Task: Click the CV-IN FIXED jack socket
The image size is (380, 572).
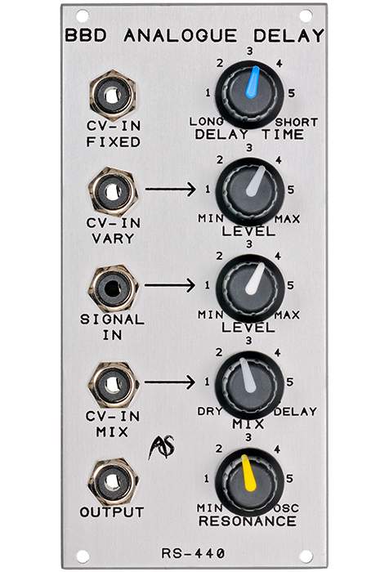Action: (x=113, y=96)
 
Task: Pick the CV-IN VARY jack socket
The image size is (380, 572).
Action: (x=113, y=192)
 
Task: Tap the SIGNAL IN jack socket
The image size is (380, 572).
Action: (x=113, y=288)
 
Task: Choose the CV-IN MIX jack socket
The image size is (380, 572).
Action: (x=113, y=385)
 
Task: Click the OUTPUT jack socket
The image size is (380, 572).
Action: (x=113, y=482)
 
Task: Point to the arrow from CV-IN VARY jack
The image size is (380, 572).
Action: (x=170, y=189)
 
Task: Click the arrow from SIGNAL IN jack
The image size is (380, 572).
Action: (x=170, y=285)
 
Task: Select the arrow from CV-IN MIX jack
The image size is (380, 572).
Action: (x=170, y=382)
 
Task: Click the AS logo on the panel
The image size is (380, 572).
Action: (x=161, y=447)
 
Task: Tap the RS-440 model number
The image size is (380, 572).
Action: (x=193, y=553)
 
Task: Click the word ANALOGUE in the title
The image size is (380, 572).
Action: (x=181, y=36)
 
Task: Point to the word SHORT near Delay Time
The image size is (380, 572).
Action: (x=296, y=123)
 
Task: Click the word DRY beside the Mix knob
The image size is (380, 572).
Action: (x=210, y=411)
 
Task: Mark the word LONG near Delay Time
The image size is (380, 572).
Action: (x=207, y=122)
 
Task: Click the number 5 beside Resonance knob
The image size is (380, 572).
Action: (x=289, y=478)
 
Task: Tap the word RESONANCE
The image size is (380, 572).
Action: (x=248, y=521)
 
